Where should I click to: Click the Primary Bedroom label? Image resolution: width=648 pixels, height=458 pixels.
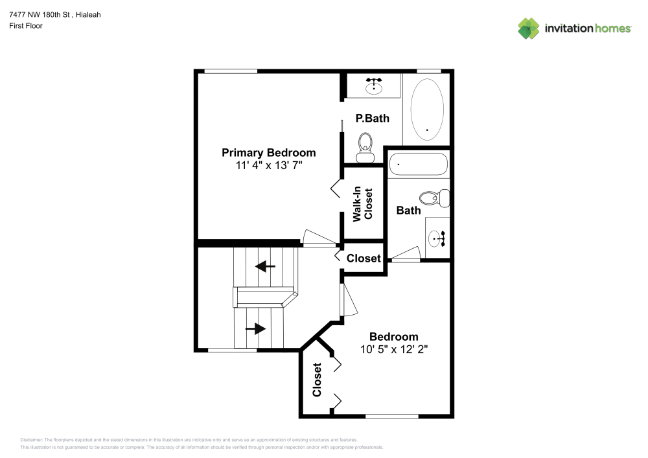(x=268, y=153)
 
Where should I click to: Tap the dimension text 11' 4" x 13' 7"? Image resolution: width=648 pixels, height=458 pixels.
(x=268, y=166)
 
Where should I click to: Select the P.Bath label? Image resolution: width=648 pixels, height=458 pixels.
(x=373, y=119)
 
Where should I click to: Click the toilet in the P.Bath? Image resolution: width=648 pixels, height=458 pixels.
(x=365, y=147)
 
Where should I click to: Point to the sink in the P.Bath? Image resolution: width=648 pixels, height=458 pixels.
(x=374, y=86)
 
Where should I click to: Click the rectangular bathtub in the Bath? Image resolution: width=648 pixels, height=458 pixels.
(x=418, y=165)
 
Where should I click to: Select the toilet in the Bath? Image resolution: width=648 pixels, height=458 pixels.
(x=434, y=197)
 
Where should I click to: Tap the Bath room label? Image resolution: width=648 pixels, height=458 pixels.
(x=408, y=210)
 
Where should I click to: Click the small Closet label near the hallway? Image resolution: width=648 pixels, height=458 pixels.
(x=364, y=258)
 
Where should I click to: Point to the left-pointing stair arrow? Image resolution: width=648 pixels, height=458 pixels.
(x=265, y=266)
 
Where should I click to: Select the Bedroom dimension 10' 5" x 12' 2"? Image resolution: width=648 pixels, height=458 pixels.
(x=394, y=349)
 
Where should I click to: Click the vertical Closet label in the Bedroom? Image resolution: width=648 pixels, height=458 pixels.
(x=317, y=380)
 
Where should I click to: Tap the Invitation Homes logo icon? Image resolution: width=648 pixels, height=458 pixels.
(x=528, y=28)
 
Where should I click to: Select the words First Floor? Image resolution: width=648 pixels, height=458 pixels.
(x=26, y=26)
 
